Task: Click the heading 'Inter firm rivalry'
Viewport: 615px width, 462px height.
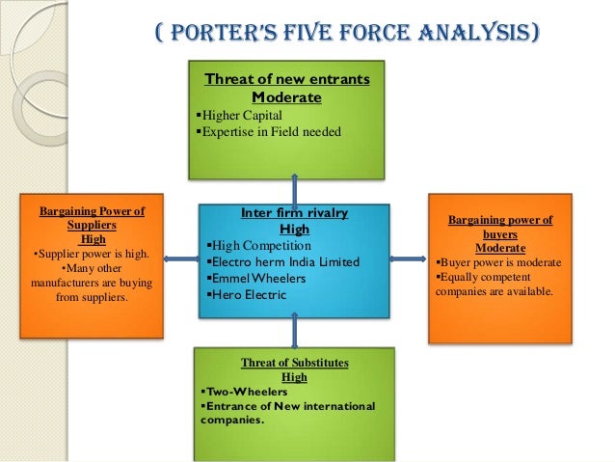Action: click(294, 213)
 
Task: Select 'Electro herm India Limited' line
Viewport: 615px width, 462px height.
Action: click(284, 262)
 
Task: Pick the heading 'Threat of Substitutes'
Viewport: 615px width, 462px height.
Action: click(294, 363)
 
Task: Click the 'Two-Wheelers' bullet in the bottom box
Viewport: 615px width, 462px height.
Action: click(236, 393)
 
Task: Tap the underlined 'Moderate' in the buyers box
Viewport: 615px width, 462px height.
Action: click(500, 247)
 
